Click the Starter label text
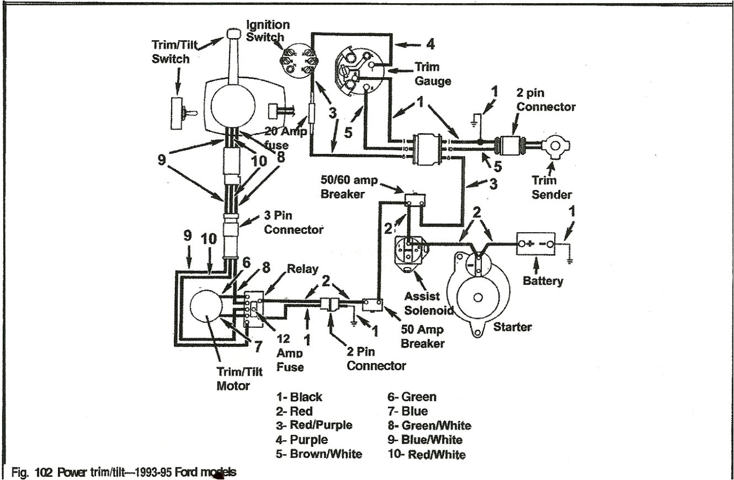point(512,327)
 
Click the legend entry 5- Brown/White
point(319,454)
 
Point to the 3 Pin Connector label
point(294,223)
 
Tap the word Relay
point(302,269)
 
